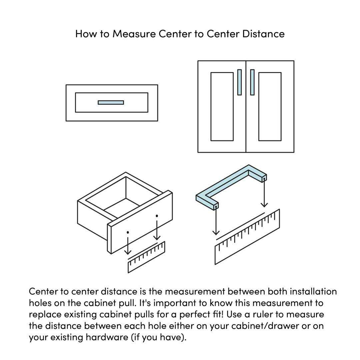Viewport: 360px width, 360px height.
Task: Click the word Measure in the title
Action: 134,34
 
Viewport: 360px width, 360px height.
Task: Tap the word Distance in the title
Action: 263,34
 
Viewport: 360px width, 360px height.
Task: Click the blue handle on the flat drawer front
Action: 111,102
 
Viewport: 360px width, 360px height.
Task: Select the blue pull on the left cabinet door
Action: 239,82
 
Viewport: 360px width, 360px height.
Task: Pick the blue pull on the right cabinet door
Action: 252,82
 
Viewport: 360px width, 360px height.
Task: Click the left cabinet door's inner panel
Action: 222,107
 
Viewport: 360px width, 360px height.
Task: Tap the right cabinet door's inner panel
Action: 270,107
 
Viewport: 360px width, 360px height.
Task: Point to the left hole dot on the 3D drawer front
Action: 128,232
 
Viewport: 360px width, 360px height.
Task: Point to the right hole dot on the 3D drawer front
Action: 157,216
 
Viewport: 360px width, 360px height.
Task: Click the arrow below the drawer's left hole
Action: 128,246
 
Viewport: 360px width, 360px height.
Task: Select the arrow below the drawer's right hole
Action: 157,230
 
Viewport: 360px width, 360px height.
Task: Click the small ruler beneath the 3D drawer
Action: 146,257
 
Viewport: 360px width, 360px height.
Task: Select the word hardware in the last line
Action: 107,337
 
